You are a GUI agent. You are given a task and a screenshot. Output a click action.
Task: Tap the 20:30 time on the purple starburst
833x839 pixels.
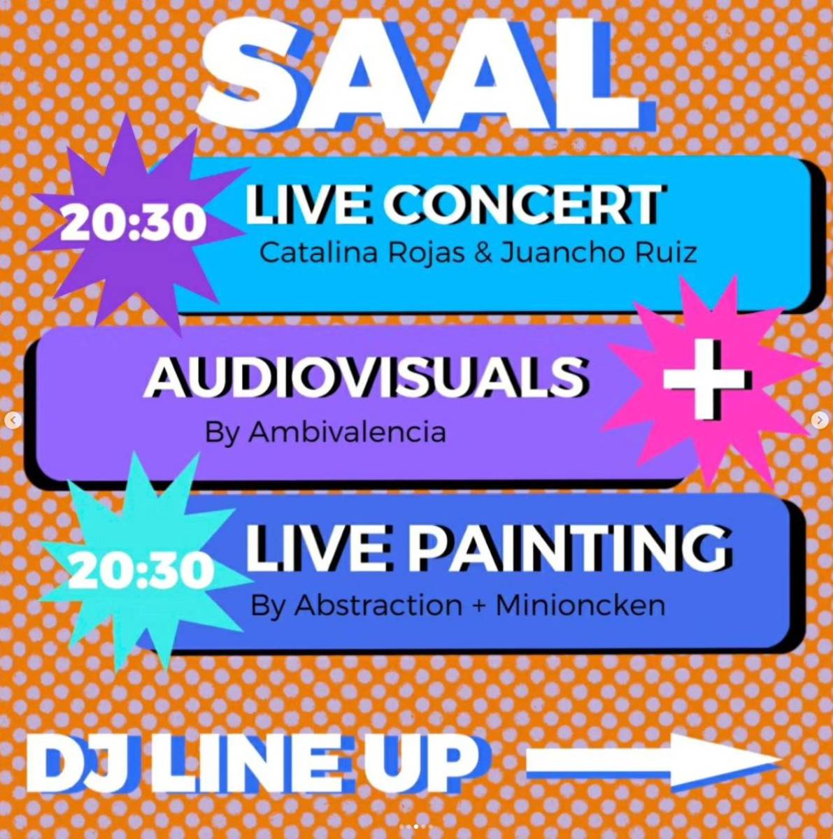(134, 223)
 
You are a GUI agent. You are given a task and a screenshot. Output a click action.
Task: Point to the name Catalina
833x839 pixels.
(318, 253)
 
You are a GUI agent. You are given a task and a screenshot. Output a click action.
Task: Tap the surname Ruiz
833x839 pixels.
(666, 253)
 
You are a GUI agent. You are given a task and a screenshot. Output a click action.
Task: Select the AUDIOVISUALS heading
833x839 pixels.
(366, 376)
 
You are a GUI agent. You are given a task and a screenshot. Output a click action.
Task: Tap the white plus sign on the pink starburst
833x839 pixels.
(707, 379)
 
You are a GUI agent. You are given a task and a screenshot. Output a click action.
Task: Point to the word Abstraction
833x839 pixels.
(378, 605)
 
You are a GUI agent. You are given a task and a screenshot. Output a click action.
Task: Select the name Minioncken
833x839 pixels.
(581, 605)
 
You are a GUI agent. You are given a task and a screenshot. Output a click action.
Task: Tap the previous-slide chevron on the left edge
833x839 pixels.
(13, 420)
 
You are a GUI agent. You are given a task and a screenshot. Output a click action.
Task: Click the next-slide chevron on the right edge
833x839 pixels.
(820, 420)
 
